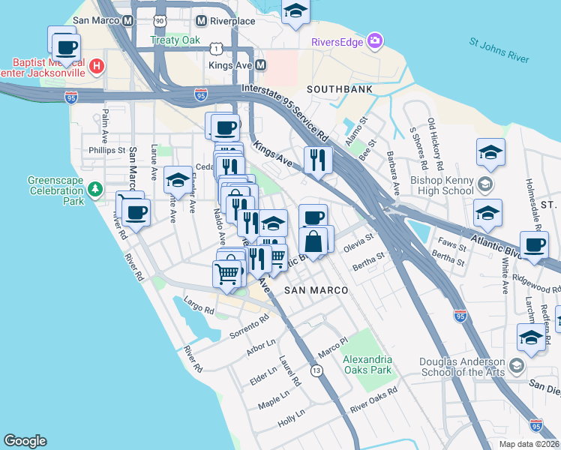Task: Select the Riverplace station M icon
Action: click(x=201, y=22)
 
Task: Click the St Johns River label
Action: click(x=498, y=50)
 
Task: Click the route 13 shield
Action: click(x=317, y=370)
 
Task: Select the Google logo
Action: click(x=25, y=441)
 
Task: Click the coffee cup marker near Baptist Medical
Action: click(x=66, y=47)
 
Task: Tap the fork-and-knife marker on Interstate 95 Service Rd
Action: click(x=318, y=159)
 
